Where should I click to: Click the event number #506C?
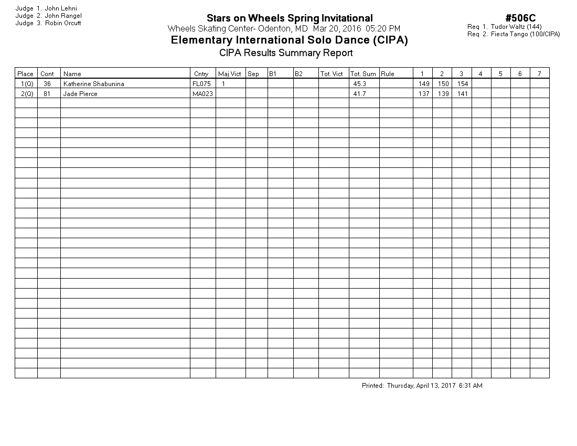point(520,19)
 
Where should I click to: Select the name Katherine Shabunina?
point(93,84)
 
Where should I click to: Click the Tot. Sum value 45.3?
point(359,84)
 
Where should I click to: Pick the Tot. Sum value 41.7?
point(359,94)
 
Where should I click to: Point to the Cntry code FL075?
point(201,84)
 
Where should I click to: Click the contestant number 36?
point(47,84)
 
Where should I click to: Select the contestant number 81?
point(47,94)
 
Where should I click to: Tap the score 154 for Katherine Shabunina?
point(462,84)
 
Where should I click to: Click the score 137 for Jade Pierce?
point(423,94)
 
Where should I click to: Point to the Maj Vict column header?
point(229,74)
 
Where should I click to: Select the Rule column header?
point(388,74)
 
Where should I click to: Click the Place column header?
point(25,74)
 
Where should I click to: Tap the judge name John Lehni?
point(61,8)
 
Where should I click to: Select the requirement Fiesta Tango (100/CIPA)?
point(525,34)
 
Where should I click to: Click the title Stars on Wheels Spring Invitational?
point(290,19)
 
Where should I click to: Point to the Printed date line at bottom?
point(422,386)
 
